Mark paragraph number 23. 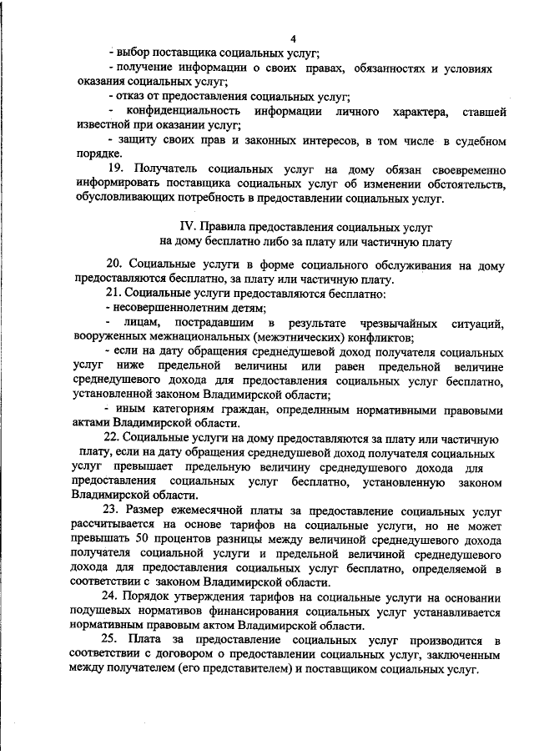tap(113, 510)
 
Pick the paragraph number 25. tap(114, 641)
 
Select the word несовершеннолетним tap(159, 309)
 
